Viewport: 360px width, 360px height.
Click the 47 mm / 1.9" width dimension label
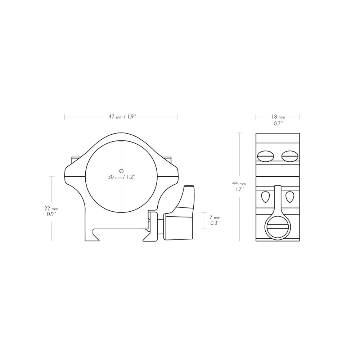(x=122, y=117)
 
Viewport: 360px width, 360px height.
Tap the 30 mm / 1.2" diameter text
(x=121, y=177)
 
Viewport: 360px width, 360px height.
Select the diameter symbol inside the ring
(x=121, y=171)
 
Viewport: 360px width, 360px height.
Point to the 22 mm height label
(x=51, y=209)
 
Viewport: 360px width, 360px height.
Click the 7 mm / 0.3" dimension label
(x=215, y=220)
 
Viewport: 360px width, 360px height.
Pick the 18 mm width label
(x=278, y=117)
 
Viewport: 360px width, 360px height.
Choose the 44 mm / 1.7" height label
(x=239, y=186)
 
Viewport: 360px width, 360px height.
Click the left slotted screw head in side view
(x=266, y=156)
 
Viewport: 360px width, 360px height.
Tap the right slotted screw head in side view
(x=290, y=156)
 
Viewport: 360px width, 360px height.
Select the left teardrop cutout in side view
(x=265, y=197)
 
